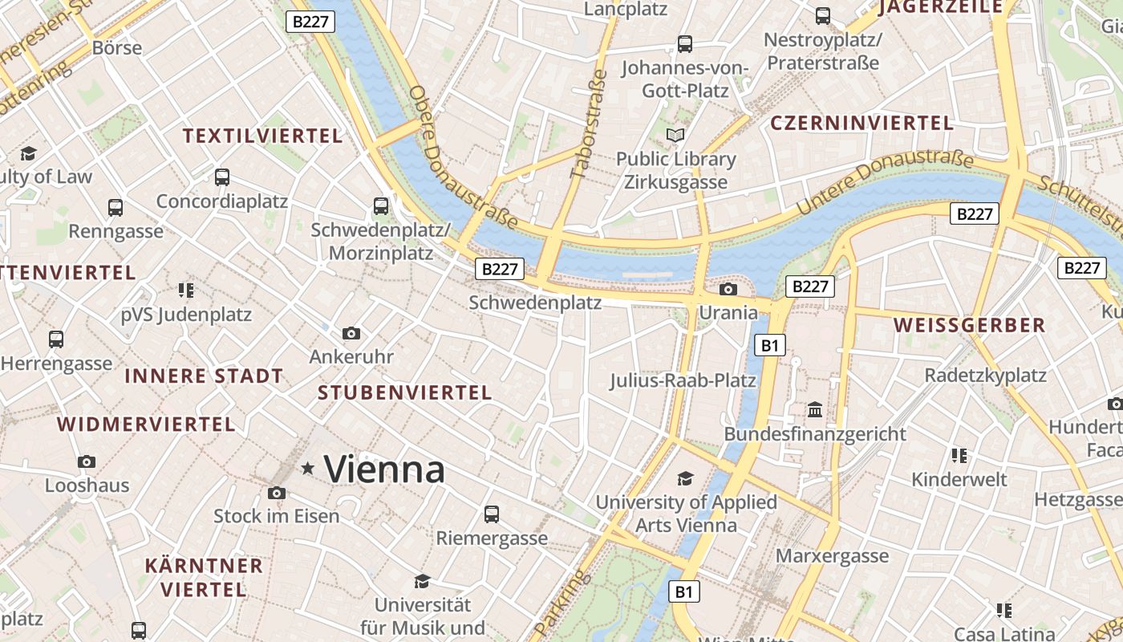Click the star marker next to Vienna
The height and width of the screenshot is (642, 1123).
[x=307, y=469]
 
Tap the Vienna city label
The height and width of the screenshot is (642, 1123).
[x=384, y=469]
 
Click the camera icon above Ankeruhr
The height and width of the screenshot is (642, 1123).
[x=351, y=333]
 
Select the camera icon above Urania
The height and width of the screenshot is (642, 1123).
[x=728, y=289]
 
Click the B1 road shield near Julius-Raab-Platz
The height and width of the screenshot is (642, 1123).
[x=770, y=346]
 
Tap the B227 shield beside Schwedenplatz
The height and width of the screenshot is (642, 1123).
[x=500, y=269]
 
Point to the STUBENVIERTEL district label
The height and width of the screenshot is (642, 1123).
[x=404, y=392]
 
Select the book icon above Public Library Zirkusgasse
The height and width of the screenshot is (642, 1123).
[x=676, y=135]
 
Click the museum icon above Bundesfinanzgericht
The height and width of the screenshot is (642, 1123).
[x=815, y=409]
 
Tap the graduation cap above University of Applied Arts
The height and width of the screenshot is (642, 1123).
[x=685, y=479]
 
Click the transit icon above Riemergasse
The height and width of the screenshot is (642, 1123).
[x=492, y=514]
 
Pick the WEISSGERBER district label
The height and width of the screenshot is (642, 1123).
[x=969, y=325]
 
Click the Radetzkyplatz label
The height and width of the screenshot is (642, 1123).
[x=985, y=375]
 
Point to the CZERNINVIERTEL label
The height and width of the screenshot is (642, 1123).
[x=862, y=123]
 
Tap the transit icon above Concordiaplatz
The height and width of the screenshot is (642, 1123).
[x=222, y=177]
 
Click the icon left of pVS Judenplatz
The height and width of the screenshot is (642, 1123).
[x=186, y=290]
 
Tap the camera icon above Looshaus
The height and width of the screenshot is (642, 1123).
[x=87, y=461]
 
